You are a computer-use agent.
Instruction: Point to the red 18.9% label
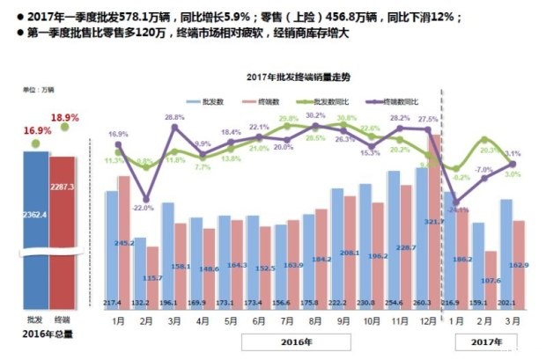coord(65,115)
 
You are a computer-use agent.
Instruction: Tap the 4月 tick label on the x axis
coord(203,321)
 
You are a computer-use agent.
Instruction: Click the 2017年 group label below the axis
coord(485,339)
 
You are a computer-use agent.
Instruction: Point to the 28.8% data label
coord(174,117)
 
